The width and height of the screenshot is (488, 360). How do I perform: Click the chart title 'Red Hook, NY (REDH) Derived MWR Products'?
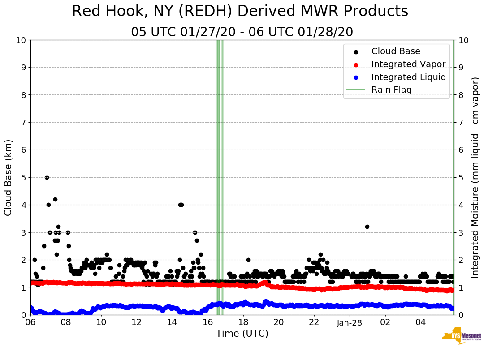240,12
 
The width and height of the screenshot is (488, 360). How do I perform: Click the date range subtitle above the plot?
242,32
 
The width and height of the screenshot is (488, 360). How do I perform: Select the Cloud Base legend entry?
396,51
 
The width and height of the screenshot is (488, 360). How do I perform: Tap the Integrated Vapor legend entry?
408,64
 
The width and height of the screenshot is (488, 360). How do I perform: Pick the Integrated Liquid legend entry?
408,77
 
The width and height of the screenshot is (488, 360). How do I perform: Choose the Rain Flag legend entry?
391,90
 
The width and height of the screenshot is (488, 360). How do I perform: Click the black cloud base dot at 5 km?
47,177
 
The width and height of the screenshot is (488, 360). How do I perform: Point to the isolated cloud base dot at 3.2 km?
367,227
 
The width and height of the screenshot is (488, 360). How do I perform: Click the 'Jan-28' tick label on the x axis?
350,322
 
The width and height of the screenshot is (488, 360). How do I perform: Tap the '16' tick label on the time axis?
207,322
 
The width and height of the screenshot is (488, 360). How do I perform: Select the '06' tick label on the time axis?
30,322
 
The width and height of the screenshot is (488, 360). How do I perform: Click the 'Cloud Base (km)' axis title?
9,177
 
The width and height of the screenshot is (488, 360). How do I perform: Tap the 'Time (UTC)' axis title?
242,334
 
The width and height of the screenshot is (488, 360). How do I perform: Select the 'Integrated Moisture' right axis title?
475,177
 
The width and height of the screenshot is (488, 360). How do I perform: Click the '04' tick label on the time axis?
420,322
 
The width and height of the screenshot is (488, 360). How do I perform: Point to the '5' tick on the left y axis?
24,177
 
